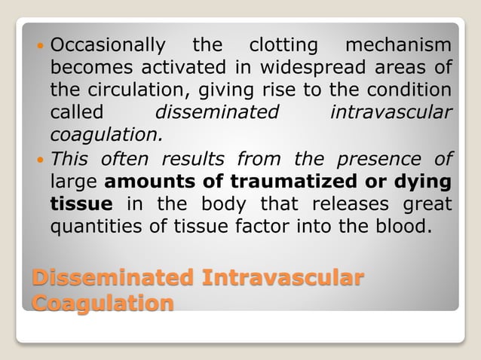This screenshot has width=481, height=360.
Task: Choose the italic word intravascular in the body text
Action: coord(391,113)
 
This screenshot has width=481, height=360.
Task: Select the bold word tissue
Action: coord(81,204)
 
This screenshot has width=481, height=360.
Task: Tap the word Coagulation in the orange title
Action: coord(103,302)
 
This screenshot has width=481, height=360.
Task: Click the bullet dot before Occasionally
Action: coord(40,44)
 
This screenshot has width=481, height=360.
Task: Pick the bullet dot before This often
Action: coord(40,160)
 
